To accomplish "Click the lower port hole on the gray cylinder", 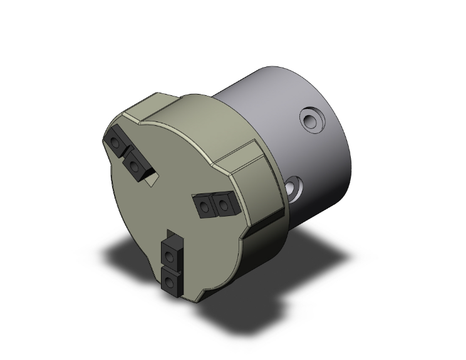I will pyautogui.click(x=294, y=185).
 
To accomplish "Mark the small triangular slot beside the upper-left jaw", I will pyautogui.click(x=150, y=182).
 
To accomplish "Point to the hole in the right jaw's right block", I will pyautogui.click(x=224, y=203).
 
